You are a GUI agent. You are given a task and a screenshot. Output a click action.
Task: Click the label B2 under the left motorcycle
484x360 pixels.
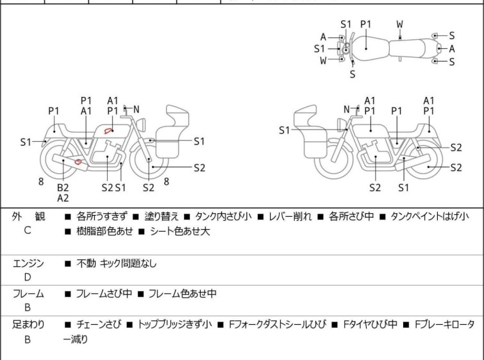63,187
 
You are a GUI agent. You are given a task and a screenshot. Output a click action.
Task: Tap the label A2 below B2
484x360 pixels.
63,198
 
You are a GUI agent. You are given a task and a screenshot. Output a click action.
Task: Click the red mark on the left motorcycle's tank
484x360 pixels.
111,131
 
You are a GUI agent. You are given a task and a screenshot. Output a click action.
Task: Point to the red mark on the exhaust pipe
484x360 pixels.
79,162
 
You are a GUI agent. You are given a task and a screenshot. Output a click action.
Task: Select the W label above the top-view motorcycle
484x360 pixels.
399,24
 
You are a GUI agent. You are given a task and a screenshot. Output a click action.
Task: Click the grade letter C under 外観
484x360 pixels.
27,230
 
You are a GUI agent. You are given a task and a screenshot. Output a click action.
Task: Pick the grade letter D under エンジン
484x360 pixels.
27,277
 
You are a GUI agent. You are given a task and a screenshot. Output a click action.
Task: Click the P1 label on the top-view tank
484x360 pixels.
365,24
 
